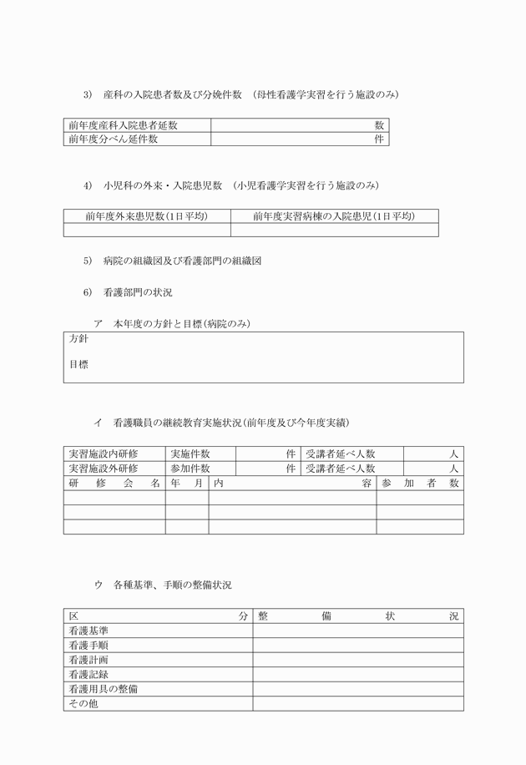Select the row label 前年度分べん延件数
(114, 139)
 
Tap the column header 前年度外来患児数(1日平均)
(146, 216)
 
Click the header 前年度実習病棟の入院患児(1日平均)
(334, 216)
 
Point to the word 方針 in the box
(78, 340)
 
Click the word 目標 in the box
(78, 364)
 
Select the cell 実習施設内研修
(104, 453)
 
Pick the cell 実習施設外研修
(104, 469)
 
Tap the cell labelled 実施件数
(190, 453)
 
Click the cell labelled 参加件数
(190, 469)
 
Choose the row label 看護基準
(89, 631)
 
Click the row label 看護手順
(89, 646)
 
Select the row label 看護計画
(89, 660)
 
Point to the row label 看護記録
(89, 674)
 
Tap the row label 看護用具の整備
(104, 689)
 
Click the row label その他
(83, 704)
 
